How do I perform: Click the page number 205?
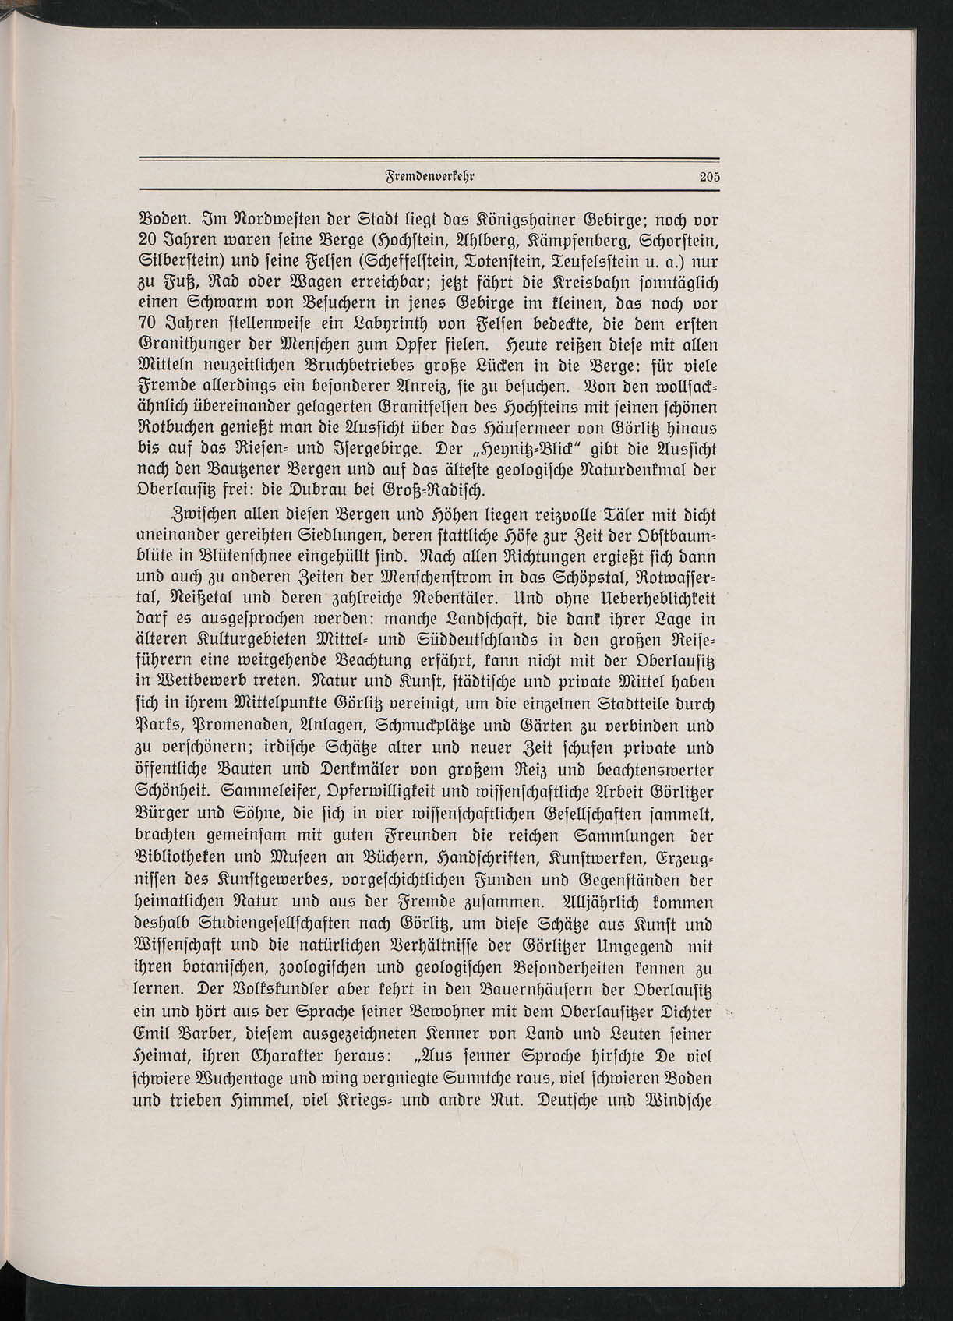[x=709, y=177]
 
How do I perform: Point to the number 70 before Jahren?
[x=150, y=323]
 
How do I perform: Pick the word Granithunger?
[x=182, y=344]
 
